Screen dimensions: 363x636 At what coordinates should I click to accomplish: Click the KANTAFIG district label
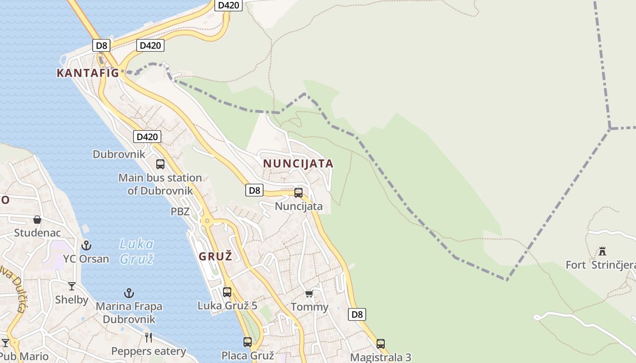(88, 73)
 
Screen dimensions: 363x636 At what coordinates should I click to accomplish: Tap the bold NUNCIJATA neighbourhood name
(298, 163)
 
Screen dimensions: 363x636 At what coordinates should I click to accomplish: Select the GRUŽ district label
(215, 256)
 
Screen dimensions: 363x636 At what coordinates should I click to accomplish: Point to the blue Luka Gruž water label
(136, 251)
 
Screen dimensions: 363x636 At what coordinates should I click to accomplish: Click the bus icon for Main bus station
(160, 164)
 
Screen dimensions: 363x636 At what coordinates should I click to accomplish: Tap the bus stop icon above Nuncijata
(298, 193)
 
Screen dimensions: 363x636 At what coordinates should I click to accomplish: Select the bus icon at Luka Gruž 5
(227, 292)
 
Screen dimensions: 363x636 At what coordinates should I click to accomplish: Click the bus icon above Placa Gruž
(248, 342)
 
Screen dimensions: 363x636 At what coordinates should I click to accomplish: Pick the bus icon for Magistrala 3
(381, 344)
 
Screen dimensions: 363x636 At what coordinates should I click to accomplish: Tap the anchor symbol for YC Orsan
(86, 245)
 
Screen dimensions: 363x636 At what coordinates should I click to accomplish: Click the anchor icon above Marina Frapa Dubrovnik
(129, 293)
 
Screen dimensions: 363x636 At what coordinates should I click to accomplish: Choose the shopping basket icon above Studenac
(37, 220)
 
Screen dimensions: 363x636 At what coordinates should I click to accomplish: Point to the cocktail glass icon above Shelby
(72, 286)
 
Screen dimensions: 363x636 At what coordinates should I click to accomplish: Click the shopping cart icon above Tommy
(309, 294)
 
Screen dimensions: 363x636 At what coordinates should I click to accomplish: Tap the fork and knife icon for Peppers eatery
(149, 337)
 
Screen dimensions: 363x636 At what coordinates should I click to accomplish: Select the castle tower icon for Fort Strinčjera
(602, 251)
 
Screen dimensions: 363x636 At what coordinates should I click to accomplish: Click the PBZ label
(180, 211)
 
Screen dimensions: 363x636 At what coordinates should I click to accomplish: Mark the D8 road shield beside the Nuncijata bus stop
(254, 190)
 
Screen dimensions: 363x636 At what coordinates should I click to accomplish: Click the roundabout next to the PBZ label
(207, 221)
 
